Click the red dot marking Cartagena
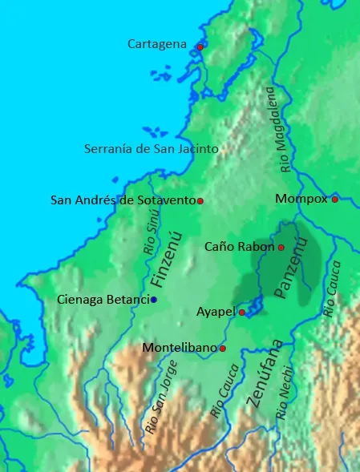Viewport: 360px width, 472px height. point(200,47)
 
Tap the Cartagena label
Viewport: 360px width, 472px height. point(157,44)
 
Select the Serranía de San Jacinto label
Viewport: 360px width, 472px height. point(152,148)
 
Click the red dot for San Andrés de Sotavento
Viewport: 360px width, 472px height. point(200,200)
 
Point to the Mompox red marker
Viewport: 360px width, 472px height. point(334,199)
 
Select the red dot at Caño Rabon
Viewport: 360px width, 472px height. point(281,248)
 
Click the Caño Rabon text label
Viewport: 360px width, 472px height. point(239,247)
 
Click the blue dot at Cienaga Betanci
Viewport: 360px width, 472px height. point(154,300)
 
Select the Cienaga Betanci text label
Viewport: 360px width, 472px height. point(104,300)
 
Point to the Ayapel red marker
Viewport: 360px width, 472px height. point(242,312)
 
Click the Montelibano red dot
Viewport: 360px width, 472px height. point(222,349)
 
